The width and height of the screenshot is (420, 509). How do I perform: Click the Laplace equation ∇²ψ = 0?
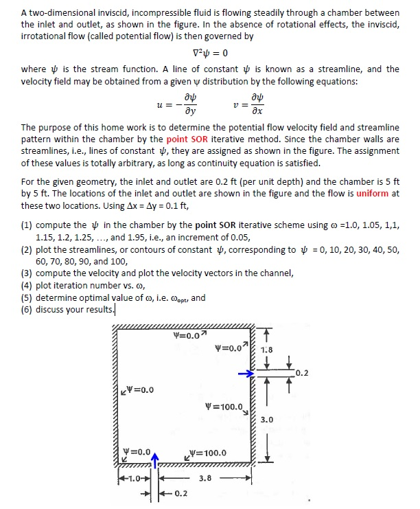[209, 54]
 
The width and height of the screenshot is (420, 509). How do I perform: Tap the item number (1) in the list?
[27, 225]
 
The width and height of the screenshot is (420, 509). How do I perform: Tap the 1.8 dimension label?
[267, 350]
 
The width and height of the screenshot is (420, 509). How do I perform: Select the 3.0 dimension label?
[267, 419]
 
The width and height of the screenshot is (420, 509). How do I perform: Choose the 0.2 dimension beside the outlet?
[301, 374]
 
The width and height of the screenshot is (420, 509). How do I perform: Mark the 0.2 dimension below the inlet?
[180, 493]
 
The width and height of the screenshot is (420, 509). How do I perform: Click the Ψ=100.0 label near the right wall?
[224, 407]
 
